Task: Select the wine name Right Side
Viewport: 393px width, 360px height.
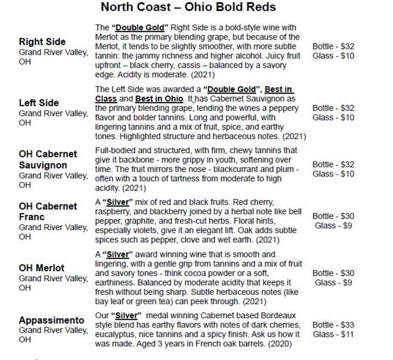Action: [x=42, y=42]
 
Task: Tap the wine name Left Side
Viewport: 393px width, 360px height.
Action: [x=39, y=103]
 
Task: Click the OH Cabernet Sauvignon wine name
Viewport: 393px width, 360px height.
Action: [x=48, y=159]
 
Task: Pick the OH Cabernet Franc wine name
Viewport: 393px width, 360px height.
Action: [x=48, y=212]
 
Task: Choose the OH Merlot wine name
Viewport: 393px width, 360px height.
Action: [x=41, y=268]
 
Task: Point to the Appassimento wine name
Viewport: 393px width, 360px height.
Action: [x=52, y=320]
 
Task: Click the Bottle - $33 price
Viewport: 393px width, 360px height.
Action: [x=333, y=325]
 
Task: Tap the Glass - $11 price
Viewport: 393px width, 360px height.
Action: [x=333, y=334]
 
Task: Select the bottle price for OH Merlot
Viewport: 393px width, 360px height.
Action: [x=333, y=273]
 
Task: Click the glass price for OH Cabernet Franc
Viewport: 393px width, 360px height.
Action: [x=333, y=226]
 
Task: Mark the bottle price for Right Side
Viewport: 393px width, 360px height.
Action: [x=333, y=46]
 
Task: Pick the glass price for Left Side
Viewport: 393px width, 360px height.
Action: [x=333, y=118]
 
